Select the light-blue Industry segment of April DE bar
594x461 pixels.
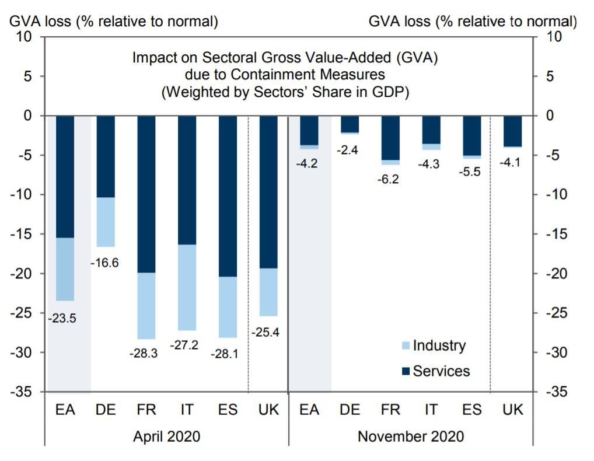click(106, 222)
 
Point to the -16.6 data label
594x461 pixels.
click(104, 263)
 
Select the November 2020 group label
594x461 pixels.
click(411, 436)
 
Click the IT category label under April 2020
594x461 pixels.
click(187, 410)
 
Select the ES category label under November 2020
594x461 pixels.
click(471, 410)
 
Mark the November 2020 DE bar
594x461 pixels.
click(350, 125)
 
